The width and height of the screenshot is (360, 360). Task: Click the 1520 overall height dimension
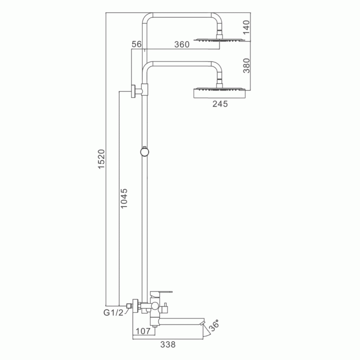[101, 159]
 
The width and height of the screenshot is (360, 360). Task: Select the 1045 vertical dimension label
[124, 198]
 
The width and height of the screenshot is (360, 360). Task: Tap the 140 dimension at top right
[246, 27]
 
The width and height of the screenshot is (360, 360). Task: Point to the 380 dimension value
[246, 65]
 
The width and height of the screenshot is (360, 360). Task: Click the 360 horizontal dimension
[182, 44]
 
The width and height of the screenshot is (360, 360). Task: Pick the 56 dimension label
[137, 44]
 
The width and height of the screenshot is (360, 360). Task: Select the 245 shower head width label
[220, 104]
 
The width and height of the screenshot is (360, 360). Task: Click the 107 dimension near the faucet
[143, 331]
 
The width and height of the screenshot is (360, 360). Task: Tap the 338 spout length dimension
[168, 344]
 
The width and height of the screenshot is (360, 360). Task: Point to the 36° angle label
[214, 325]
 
